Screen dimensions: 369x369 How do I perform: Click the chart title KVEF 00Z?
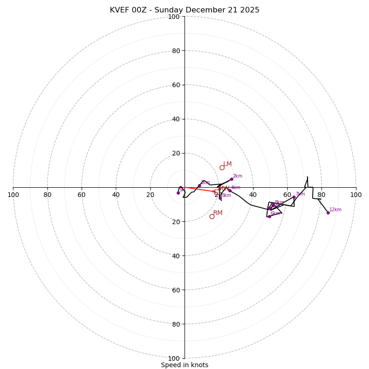pyautogui.click(x=184, y=10)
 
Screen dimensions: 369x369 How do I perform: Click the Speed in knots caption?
pyautogui.click(x=184, y=365)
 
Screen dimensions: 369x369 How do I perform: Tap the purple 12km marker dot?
pyautogui.click(x=328, y=213)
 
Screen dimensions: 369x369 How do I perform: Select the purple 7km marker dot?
pyautogui.click(x=294, y=197)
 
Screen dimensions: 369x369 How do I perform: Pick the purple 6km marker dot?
pyautogui.click(x=269, y=216)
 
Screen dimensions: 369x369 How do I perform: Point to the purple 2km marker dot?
pyautogui.click(x=232, y=179)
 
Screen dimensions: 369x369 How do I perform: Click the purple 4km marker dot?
pyautogui.click(x=230, y=190)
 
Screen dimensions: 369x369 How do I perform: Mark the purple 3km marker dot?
pyautogui.click(x=220, y=198)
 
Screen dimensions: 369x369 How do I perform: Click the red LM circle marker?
pyautogui.click(x=222, y=167)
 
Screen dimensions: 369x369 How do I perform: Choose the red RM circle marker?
pyautogui.click(x=212, y=216)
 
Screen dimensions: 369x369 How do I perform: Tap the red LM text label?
pyautogui.click(x=227, y=164)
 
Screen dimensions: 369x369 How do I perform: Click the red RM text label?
pyautogui.click(x=218, y=213)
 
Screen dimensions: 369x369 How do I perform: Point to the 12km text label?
pyautogui.click(x=335, y=210)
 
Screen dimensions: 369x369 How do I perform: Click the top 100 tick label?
pyautogui.click(x=174, y=17)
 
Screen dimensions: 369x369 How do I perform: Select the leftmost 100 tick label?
pyautogui.click(x=13, y=195)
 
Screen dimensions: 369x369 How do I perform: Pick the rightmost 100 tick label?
pyautogui.click(x=356, y=195)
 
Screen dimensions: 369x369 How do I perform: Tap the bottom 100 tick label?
pyautogui.click(x=174, y=358)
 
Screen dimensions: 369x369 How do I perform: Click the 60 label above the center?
pyautogui.click(x=176, y=85)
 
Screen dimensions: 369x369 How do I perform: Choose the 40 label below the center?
pyautogui.click(x=176, y=256)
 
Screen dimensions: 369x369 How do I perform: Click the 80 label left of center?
pyautogui.click(x=48, y=195)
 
